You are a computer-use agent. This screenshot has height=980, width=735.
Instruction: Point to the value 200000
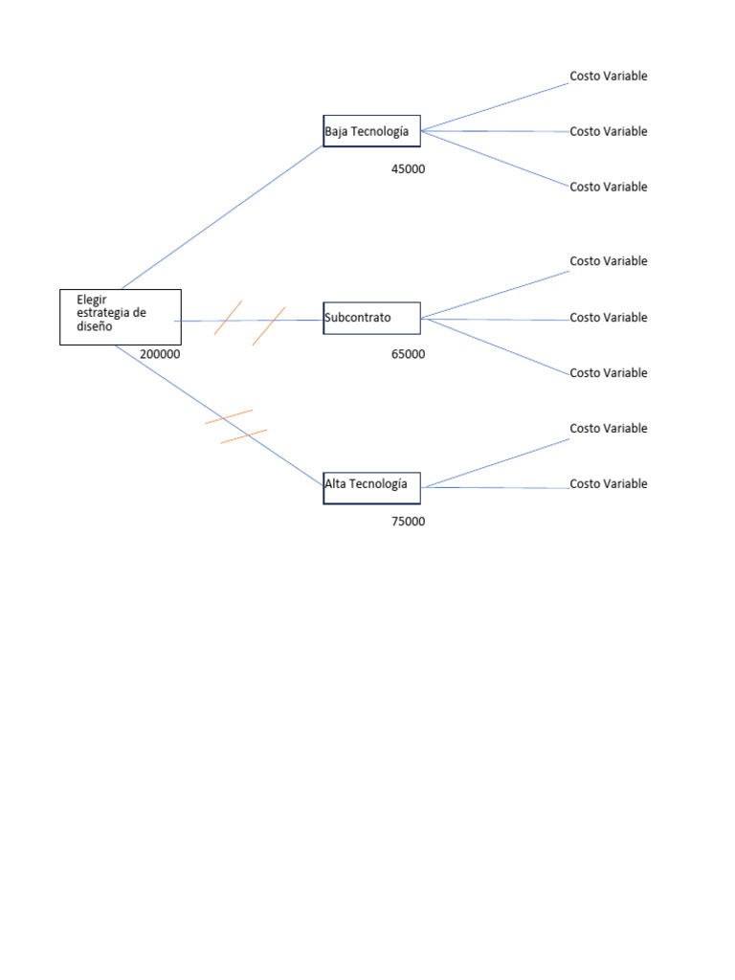[x=160, y=354]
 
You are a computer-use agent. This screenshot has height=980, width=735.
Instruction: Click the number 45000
[x=408, y=169]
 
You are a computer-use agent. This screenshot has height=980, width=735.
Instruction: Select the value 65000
[x=408, y=354]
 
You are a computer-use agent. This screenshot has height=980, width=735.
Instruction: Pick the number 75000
[x=408, y=522]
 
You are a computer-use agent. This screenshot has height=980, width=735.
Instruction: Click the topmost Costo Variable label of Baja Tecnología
[x=608, y=77]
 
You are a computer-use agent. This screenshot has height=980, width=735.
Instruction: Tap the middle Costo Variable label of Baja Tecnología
[x=608, y=132]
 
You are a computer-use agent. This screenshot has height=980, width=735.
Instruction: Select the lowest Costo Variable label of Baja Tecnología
[x=608, y=187]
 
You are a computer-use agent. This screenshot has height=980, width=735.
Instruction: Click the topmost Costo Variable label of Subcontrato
[x=608, y=261]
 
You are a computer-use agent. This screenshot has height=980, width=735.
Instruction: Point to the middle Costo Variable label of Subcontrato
[x=608, y=318]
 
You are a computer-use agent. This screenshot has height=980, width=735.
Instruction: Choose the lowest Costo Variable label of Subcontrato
[x=608, y=373]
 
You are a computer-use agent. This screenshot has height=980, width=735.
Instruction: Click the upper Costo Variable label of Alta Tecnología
[x=608, y=429]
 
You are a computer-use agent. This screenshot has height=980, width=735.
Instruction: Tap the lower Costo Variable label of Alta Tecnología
[x=608, y=483]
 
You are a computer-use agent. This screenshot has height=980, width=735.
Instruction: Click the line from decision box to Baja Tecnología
[x=222, y=217]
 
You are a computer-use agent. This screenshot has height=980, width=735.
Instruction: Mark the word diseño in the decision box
[x=95, y=326]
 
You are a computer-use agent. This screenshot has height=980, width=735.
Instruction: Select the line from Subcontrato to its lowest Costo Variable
[x=496, y=346]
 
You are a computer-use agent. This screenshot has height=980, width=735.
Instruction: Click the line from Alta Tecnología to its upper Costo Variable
[x=496, y=463]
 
